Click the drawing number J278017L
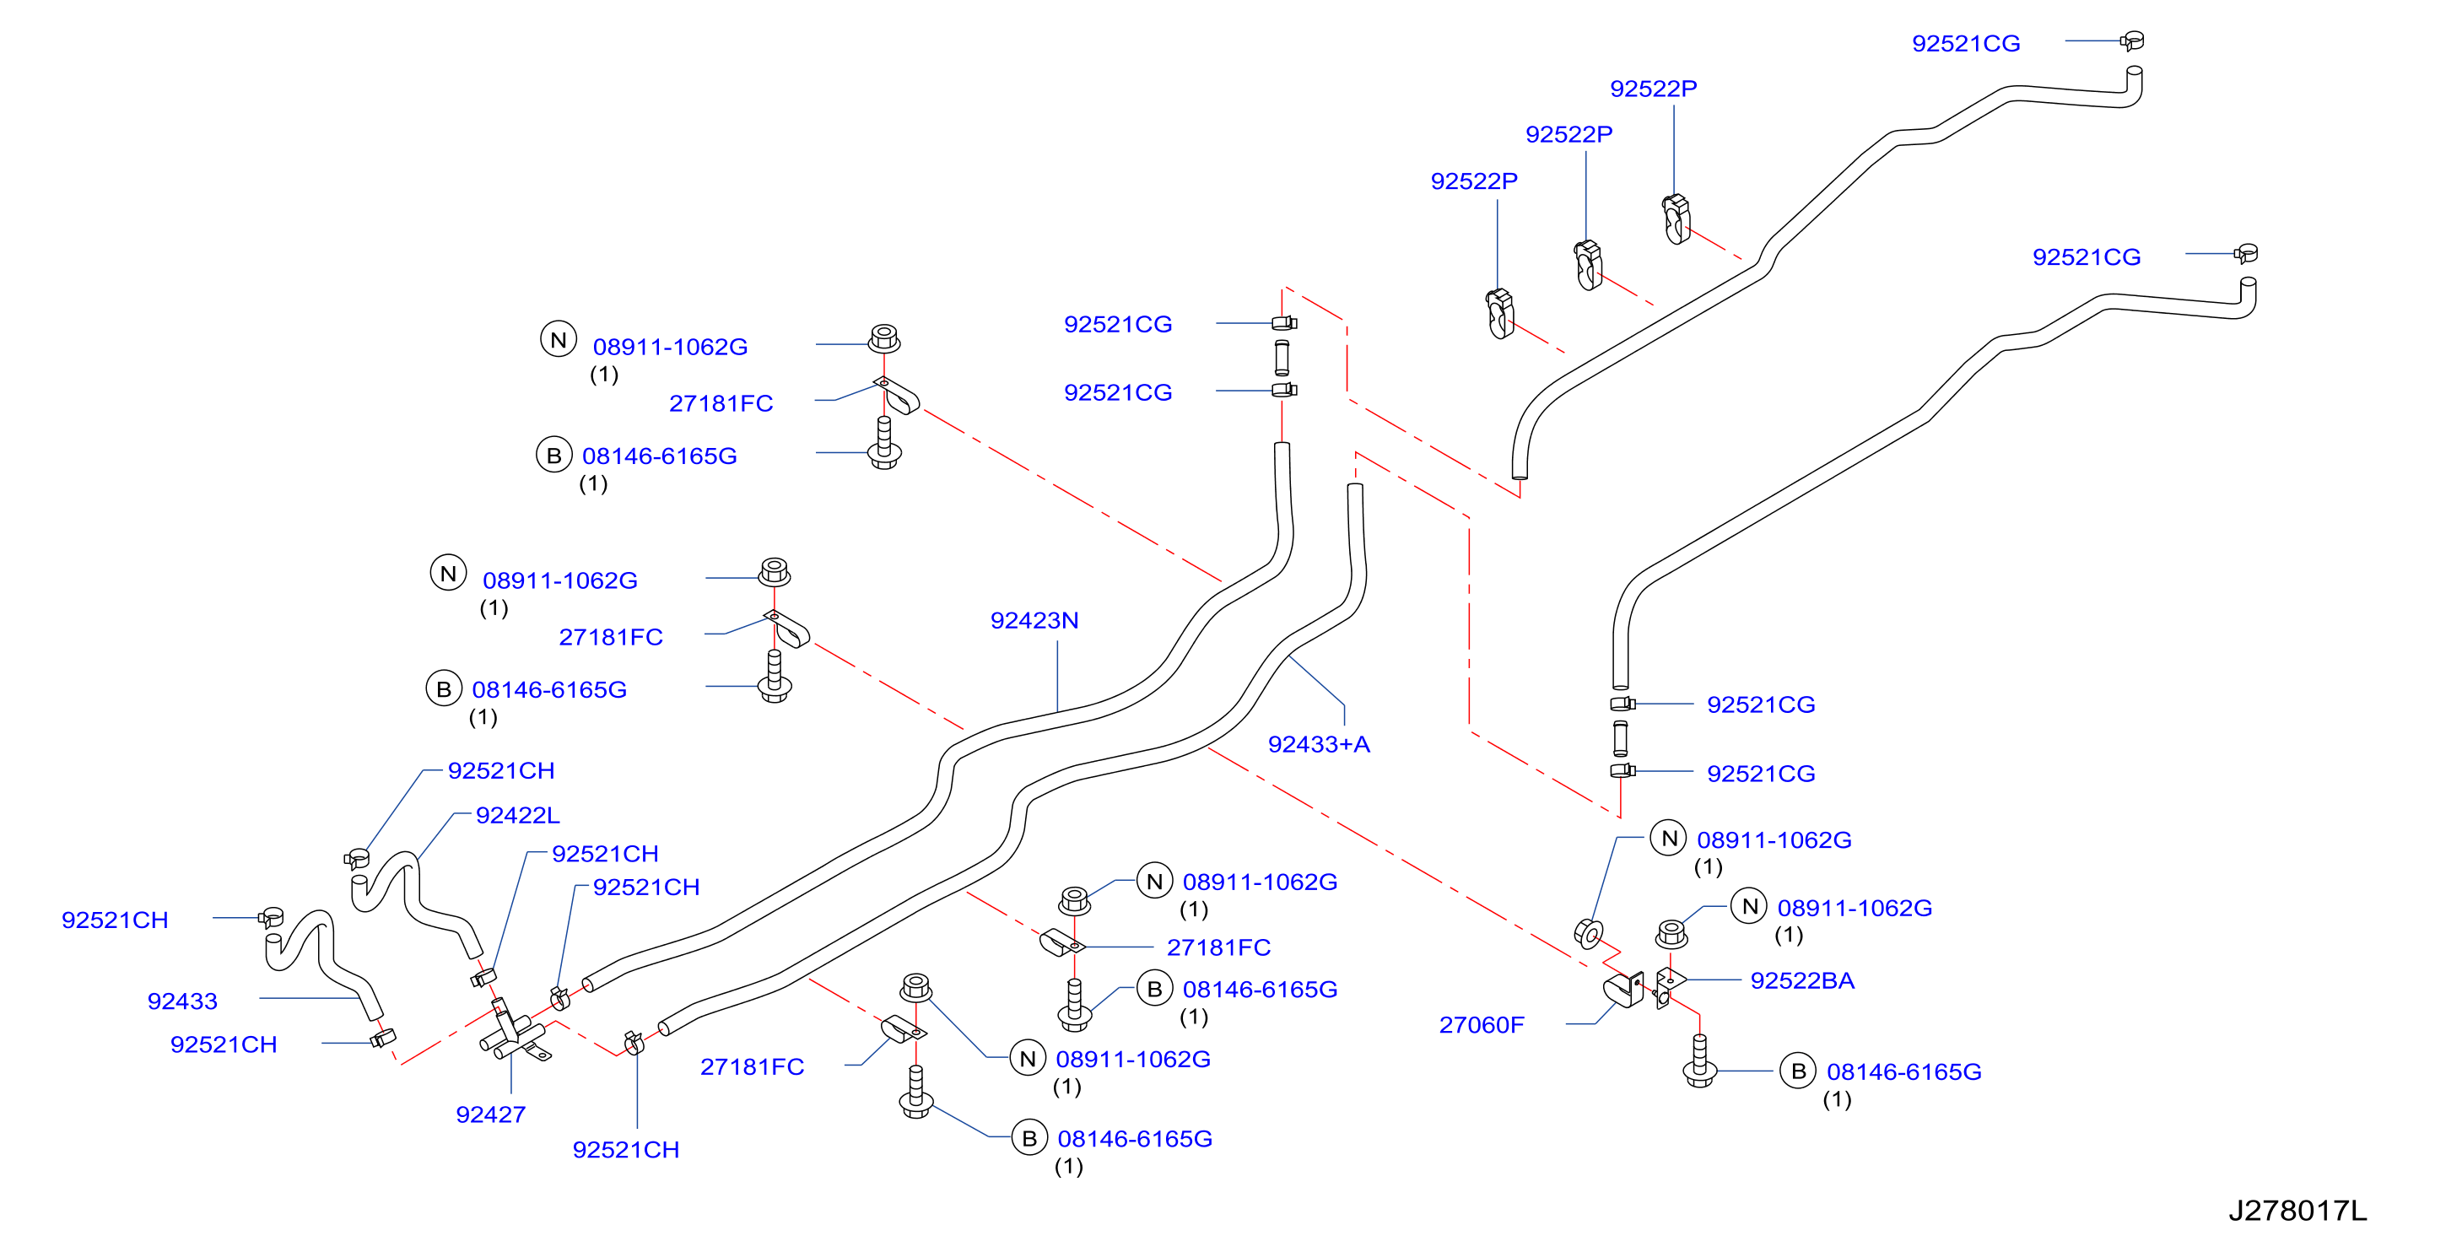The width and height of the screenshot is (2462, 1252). pos(2297,1211)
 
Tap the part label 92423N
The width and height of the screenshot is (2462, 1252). pos(1034,620)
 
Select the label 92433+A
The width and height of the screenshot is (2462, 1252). pos(1319,744)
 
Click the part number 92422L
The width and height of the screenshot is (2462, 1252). pos(517,815)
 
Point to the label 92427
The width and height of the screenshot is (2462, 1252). pos(490,1114)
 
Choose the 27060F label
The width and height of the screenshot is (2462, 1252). pos(1482,1024)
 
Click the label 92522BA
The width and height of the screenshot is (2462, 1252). pos(1801,980)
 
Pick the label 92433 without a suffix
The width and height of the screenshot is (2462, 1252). pos(182,1001)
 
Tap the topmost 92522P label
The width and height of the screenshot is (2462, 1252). pos(1654,88)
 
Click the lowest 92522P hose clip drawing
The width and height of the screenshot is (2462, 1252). pos(1500,314)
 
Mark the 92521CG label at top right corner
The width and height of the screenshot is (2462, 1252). pos(1966,43)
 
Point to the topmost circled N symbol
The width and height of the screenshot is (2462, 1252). pos(559,339)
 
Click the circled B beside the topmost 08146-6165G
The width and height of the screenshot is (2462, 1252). pos(553,455)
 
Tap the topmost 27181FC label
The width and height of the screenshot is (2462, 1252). pos(721,403)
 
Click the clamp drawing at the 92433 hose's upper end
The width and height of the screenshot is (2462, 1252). pos(271,919)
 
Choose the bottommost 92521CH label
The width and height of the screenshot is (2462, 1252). pos(626,1150)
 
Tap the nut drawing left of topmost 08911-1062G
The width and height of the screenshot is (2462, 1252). pos(884,338)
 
